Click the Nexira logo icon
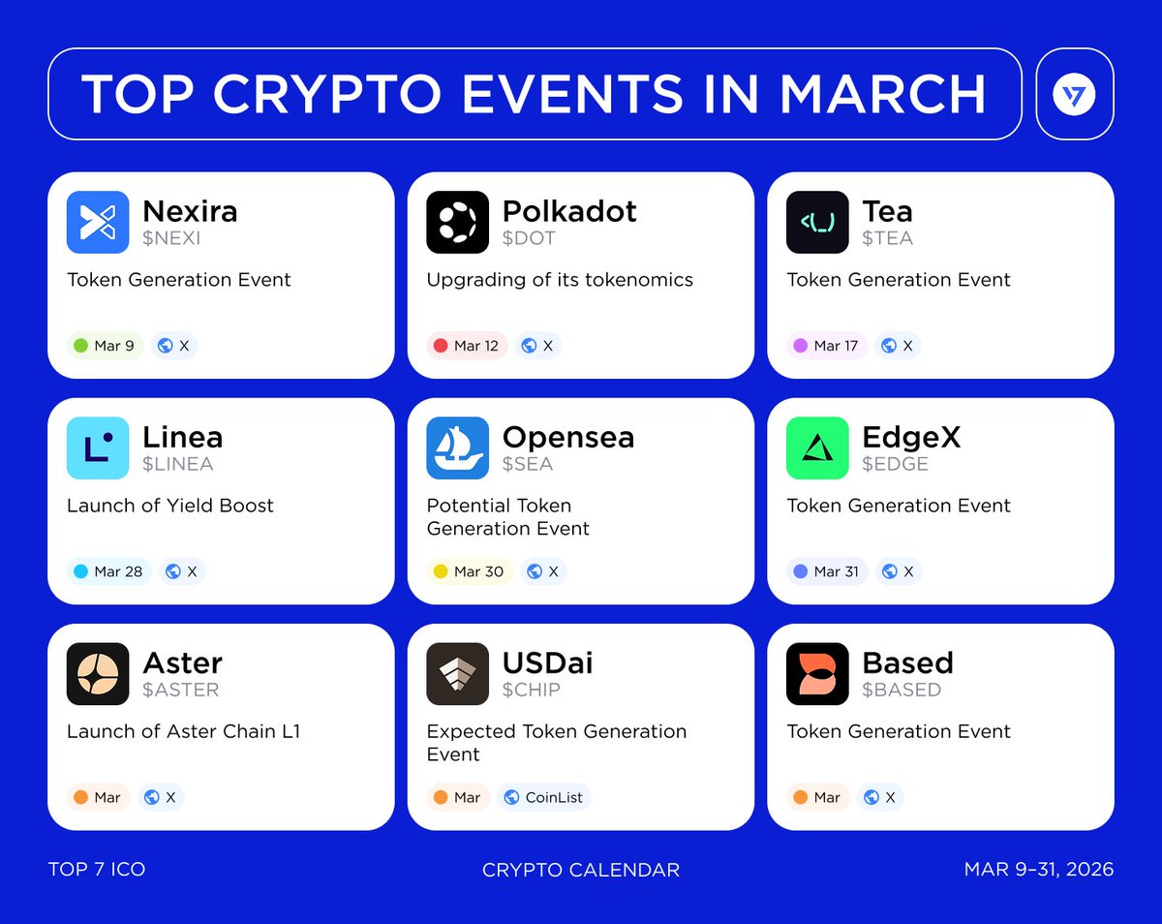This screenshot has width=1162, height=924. [98, 223]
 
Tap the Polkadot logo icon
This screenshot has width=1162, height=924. [458, 223]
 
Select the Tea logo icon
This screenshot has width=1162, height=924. [817, 223]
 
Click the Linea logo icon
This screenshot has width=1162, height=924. [98, 448]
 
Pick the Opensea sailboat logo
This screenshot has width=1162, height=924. [458, 448]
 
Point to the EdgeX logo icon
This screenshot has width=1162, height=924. [817, 448]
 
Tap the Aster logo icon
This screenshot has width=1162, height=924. [98, 674]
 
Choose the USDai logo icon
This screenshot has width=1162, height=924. [458, 674]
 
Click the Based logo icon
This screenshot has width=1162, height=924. [817, 674]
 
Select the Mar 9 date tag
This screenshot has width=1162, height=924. [105, 346]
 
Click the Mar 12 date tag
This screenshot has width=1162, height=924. [467, 346]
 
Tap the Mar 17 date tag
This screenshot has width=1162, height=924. [826, 346]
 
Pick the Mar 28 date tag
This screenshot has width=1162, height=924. [108, 571]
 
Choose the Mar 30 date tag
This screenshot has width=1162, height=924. [470, 571]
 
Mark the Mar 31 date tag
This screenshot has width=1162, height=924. [826, 571]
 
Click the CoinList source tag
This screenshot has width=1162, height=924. [544, 797]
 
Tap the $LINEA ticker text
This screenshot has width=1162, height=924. [178, 464]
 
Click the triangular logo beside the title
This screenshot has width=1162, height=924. [1075, 94]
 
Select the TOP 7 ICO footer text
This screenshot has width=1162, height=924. [97, 870]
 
